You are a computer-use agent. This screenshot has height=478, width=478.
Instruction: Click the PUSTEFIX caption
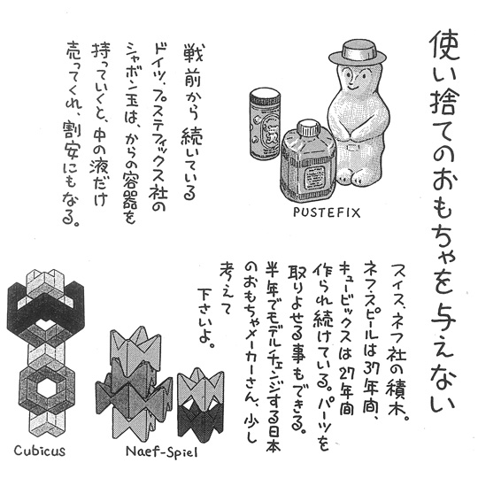[x=327, y=212]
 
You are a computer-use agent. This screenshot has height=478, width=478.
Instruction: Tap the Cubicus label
[x=40, y=451]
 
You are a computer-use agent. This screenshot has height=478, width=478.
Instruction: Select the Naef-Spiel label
[x=162, y=451]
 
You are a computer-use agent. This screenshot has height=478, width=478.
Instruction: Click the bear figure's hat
[x=357, y=54]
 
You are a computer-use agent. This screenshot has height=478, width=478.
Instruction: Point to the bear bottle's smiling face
[x=354, y=79]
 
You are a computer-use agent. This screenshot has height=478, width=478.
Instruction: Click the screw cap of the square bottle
[x=308, y=128]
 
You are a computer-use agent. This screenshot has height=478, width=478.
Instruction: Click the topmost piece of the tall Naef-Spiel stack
[x=135, y=343]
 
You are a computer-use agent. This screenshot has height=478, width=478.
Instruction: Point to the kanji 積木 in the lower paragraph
[x=396, y=392]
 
